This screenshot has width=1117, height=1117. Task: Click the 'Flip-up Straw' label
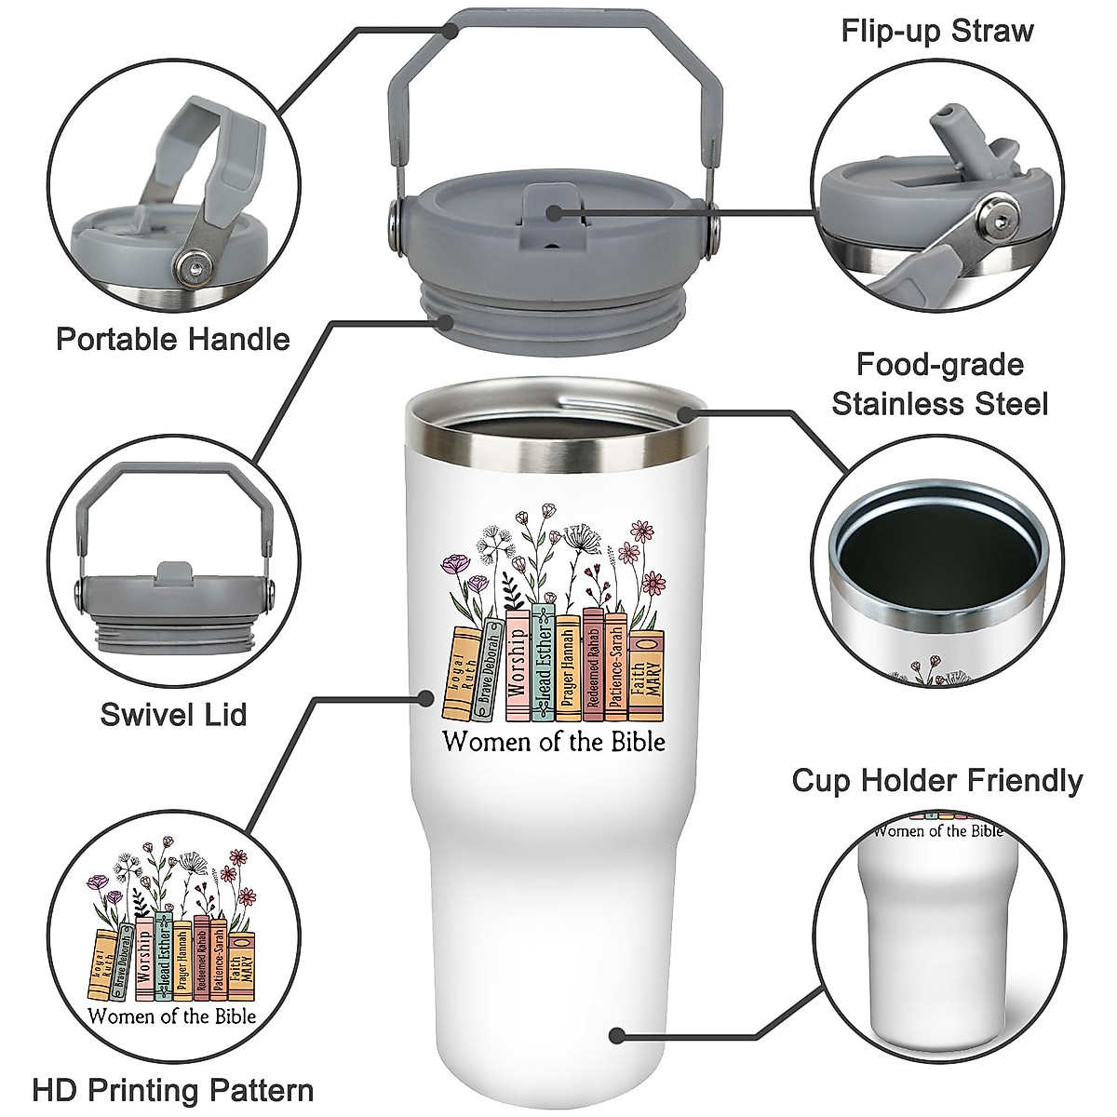937,31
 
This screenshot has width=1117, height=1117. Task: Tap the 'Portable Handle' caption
173,339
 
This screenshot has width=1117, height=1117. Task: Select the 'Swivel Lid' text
173,715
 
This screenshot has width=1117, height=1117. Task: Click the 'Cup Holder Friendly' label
937,780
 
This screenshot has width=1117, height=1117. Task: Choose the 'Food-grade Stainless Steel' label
939,384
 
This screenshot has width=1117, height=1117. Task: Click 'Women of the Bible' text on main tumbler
554,742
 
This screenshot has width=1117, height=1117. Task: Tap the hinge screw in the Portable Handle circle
192,268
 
